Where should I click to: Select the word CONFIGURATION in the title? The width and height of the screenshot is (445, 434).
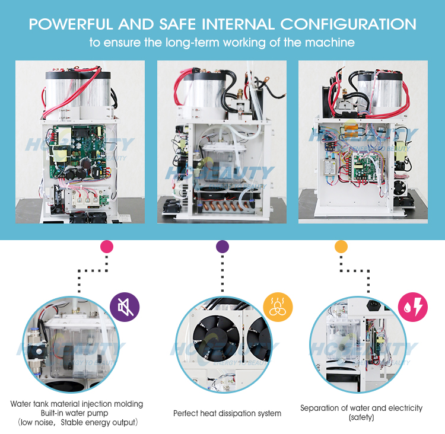[348, 24]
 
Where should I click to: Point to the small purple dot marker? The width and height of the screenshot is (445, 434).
[222, 246]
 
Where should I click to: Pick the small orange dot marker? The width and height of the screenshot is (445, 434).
[341, 246]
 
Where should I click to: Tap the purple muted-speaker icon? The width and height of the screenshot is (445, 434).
[125, 307]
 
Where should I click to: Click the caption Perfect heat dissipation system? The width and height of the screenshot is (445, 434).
[227, 413]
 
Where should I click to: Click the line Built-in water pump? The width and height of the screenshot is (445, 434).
[77, 413]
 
